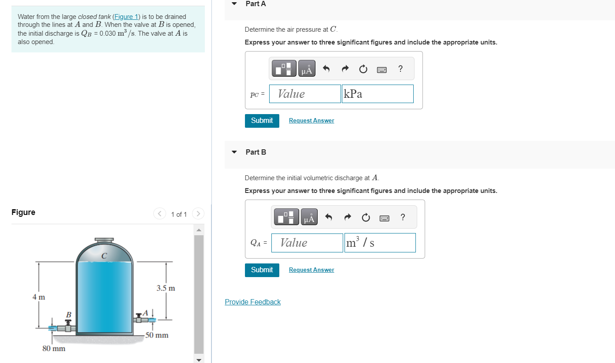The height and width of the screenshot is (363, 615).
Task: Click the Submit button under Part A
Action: [262, 120]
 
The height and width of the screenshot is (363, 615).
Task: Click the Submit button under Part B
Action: [262, 270]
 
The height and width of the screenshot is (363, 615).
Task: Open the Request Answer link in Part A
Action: [311, 121]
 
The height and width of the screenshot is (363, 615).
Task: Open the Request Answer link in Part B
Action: [311, 270]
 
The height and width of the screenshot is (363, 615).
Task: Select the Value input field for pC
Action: [305, 94]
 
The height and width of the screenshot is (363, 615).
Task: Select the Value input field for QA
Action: [307, 243]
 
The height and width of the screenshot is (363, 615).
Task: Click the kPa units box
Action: [378, 94]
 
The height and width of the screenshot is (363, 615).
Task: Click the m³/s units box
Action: [380, 243]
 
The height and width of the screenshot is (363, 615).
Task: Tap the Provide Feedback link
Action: [252, 302]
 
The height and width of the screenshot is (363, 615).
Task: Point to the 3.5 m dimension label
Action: [166, 289]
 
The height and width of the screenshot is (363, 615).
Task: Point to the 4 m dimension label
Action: [39, 297]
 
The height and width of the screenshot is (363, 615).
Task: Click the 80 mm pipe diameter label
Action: [54, 348]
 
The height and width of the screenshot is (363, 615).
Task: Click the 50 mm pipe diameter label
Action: [157, 335]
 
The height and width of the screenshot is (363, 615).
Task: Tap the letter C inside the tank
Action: [104, 256]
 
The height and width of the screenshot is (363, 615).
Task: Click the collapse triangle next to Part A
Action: [234, 4]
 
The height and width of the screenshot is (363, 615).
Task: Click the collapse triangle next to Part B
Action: [234, 152]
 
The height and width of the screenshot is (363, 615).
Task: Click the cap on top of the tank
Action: [104, 240]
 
